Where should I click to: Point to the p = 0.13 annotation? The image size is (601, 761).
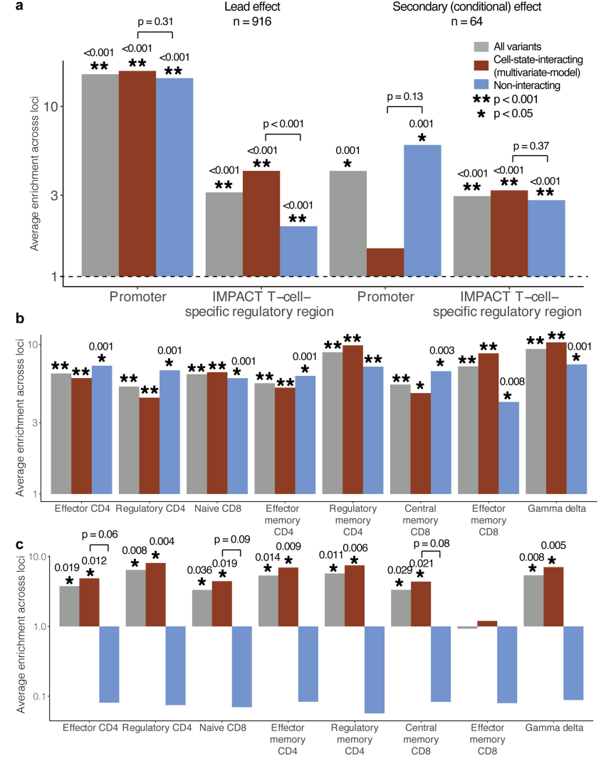coord(405,97)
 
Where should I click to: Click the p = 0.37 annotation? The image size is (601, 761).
coord(529,146)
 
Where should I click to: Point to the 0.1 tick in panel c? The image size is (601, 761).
coord(38,696)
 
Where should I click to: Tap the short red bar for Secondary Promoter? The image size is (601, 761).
coord(385,261)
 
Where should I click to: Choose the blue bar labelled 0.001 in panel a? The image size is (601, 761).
coord(422,210)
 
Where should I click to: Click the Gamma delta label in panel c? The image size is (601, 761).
coord(554,728)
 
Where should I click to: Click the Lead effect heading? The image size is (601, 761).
coord(247,8)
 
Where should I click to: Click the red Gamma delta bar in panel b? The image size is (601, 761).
coord(556,418)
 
